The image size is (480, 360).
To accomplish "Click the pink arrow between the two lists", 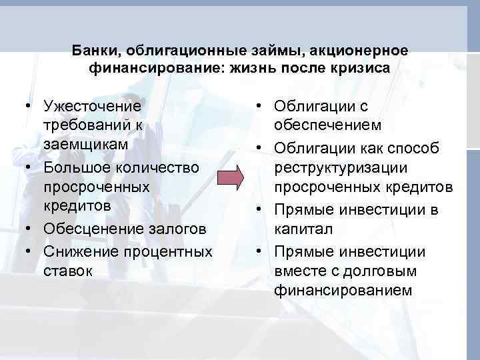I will (x=231, y=180).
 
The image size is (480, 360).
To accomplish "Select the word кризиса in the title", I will (x=364, y=68).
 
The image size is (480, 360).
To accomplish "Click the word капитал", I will (x=300, y=229).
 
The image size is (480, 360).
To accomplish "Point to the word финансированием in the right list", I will (x=343, y=291).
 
